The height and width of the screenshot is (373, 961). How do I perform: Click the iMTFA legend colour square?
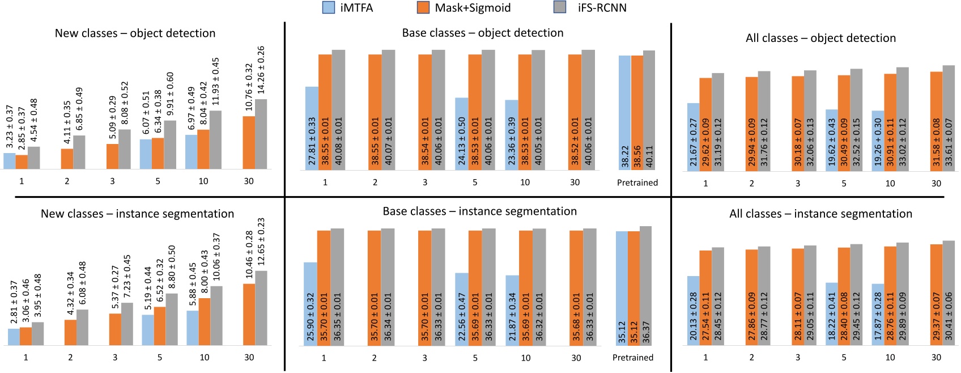(x=329, y=7)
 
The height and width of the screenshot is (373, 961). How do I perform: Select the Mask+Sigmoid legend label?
(x=473, y=8)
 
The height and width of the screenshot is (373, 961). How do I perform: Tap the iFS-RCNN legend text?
(x=602, y=8)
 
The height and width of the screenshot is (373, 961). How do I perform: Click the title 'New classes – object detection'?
(x=135, y=33)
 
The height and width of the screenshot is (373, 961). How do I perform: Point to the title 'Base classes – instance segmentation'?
(x=479, y=211)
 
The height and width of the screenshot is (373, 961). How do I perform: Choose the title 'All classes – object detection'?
(x=820, y=38)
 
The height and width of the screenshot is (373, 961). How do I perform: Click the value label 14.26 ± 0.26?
(x=261, y=70)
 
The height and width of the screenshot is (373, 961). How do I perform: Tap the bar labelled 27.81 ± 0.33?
(x=312, y=128)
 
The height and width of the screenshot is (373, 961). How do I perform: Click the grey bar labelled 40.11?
(x=649, y=110)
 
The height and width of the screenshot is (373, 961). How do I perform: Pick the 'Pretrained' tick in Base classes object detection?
(x=637, y=183)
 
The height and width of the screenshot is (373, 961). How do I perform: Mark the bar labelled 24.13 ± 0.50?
(x=462, y=134)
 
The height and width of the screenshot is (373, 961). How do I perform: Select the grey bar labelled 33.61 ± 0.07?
(x=949, y=117)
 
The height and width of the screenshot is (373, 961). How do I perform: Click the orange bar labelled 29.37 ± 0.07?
(x=936, y=295)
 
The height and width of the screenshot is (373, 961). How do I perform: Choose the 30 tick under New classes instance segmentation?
(x=249, y=358)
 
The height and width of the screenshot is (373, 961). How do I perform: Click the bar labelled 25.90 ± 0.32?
(x=310, y=304)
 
